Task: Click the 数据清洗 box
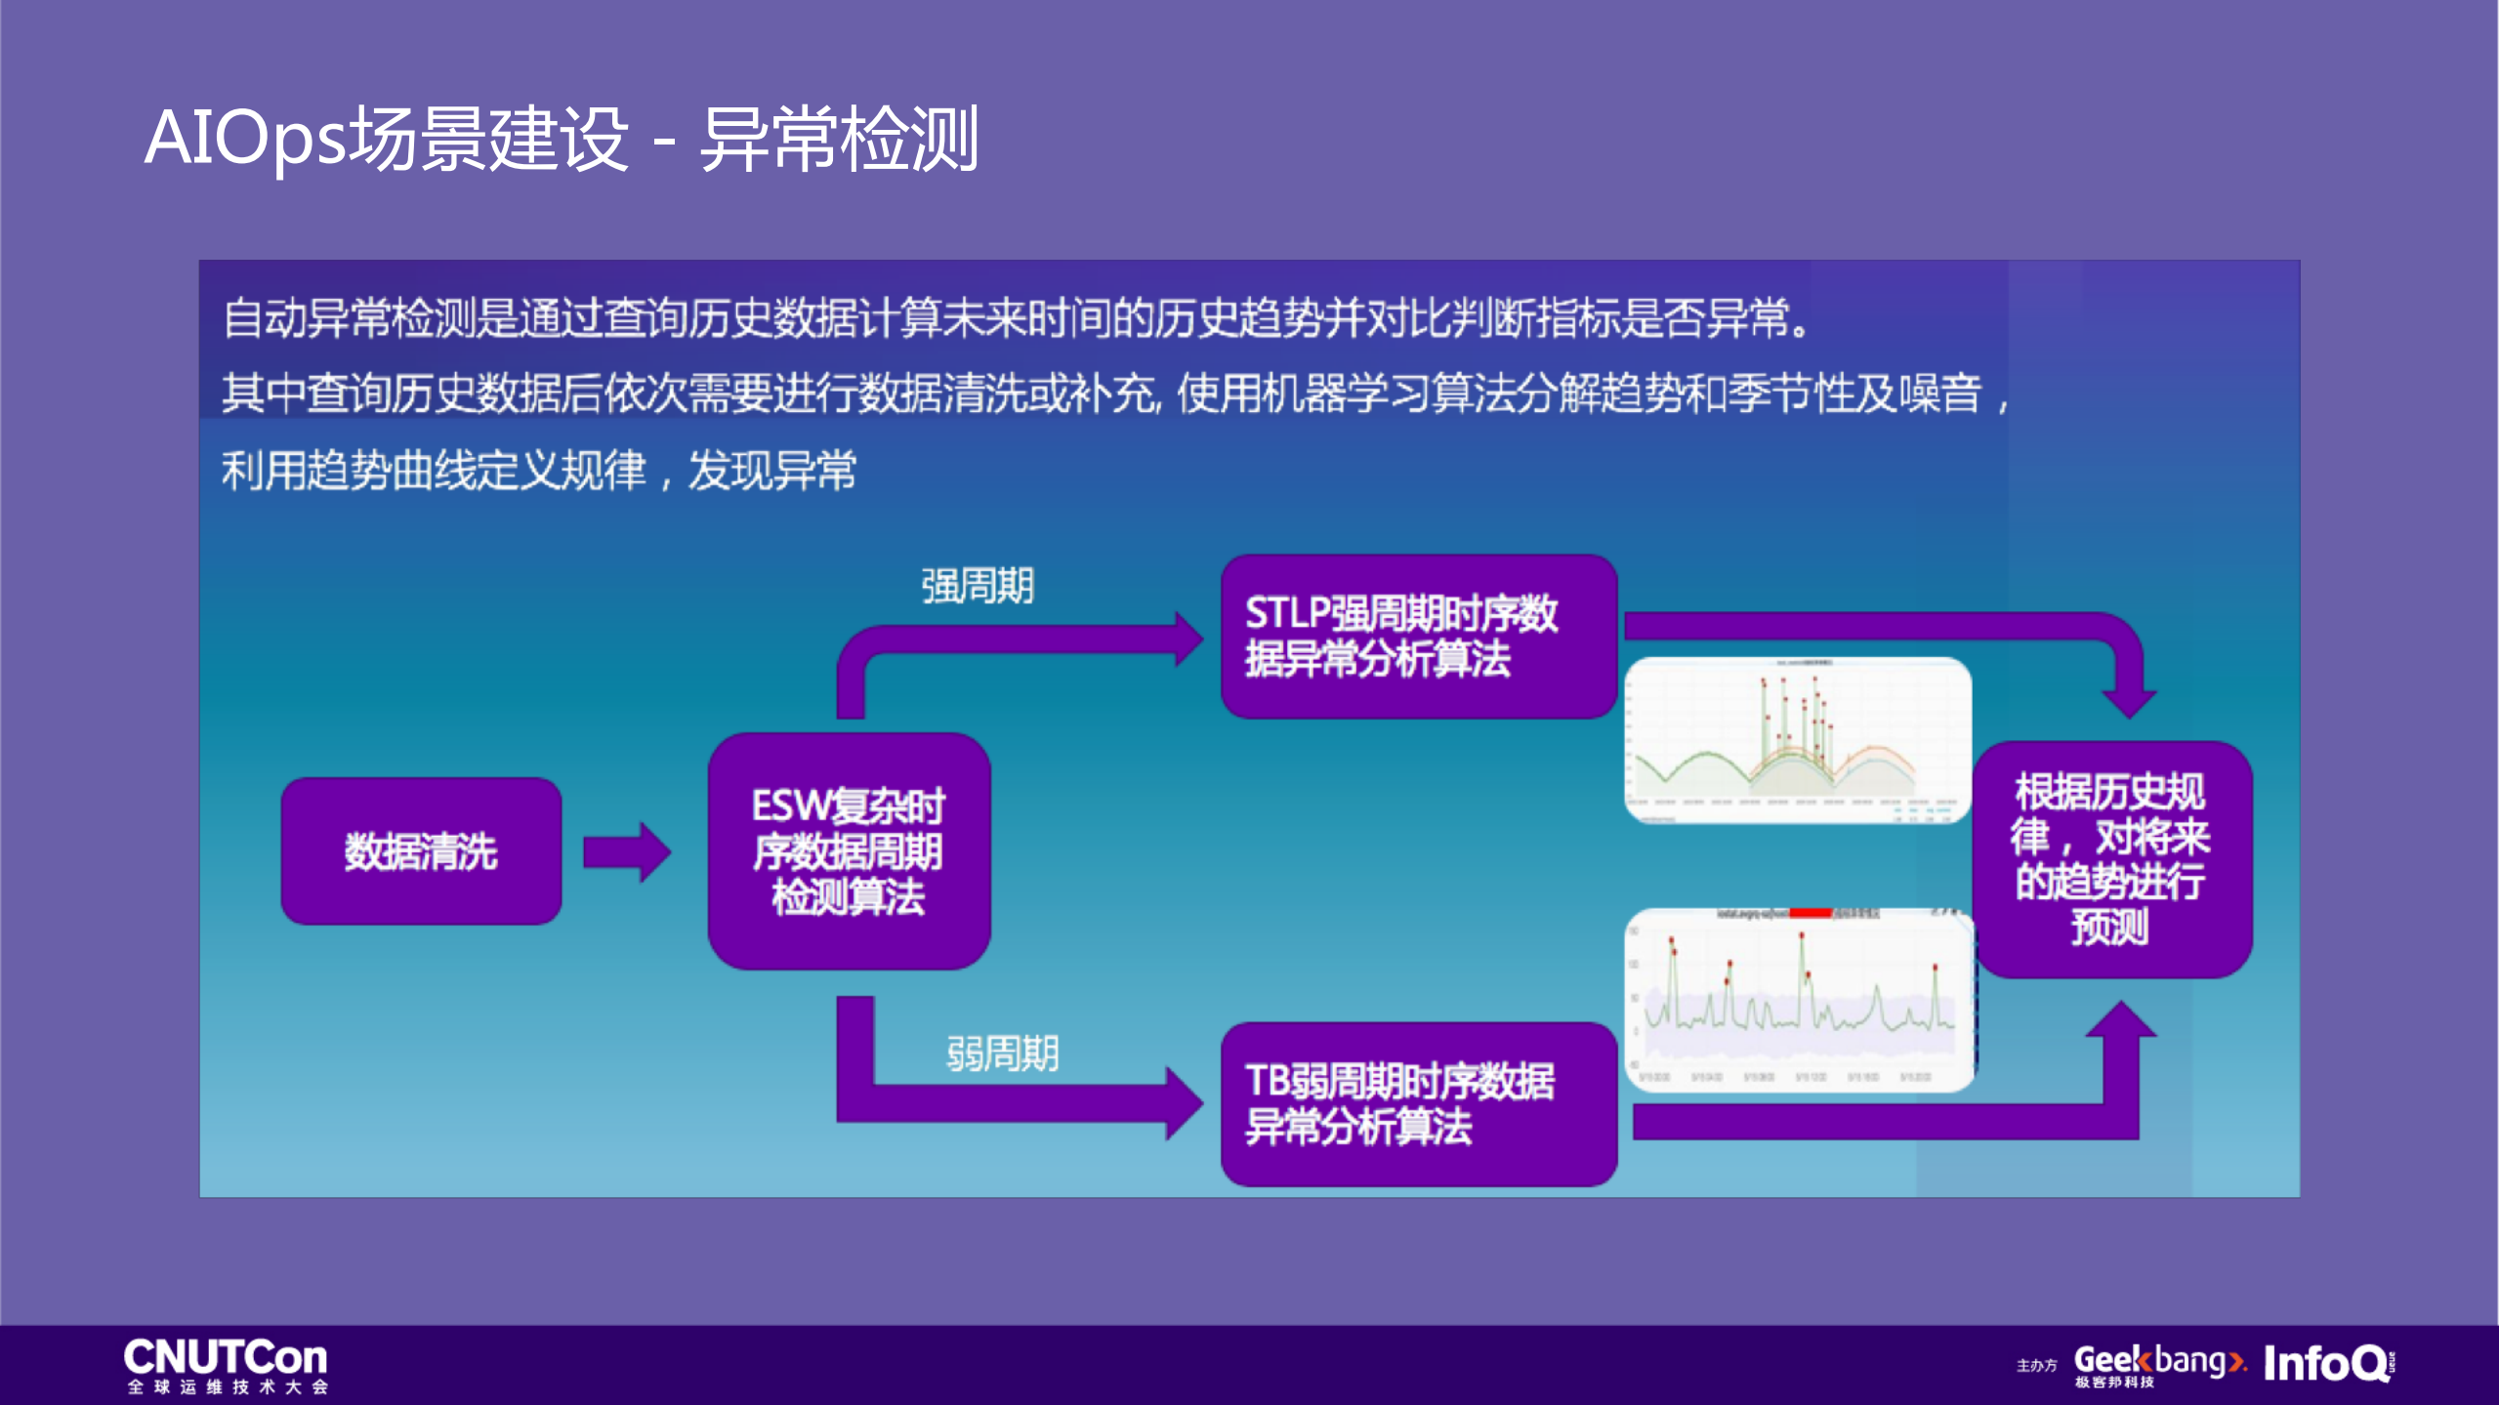click(421, 850)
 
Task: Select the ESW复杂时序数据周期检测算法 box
click(849, 850)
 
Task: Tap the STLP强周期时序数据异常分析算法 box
click(1418, 636)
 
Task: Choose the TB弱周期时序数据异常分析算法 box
click(1418, 1103)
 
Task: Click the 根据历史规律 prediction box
click(2111, 859)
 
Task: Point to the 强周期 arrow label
click(978, 586)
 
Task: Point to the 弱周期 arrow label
click(1002, 1054)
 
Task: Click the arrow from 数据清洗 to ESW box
click(626, 851)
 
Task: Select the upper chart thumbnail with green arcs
click(1797, 740)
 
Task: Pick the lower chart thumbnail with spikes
click(1799, 999)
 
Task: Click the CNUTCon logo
click(226, 1364)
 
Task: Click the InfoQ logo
click(2327, 1363)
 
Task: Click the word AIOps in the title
click(245, 139)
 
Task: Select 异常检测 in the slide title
click(839, 139)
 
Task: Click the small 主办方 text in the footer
click(2036, 1365)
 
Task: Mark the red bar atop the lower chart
click(1809, 913)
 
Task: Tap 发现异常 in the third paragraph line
click(771, 471)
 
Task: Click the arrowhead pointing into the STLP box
click(1188, 639)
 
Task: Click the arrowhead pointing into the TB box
click(1186, 1103)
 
